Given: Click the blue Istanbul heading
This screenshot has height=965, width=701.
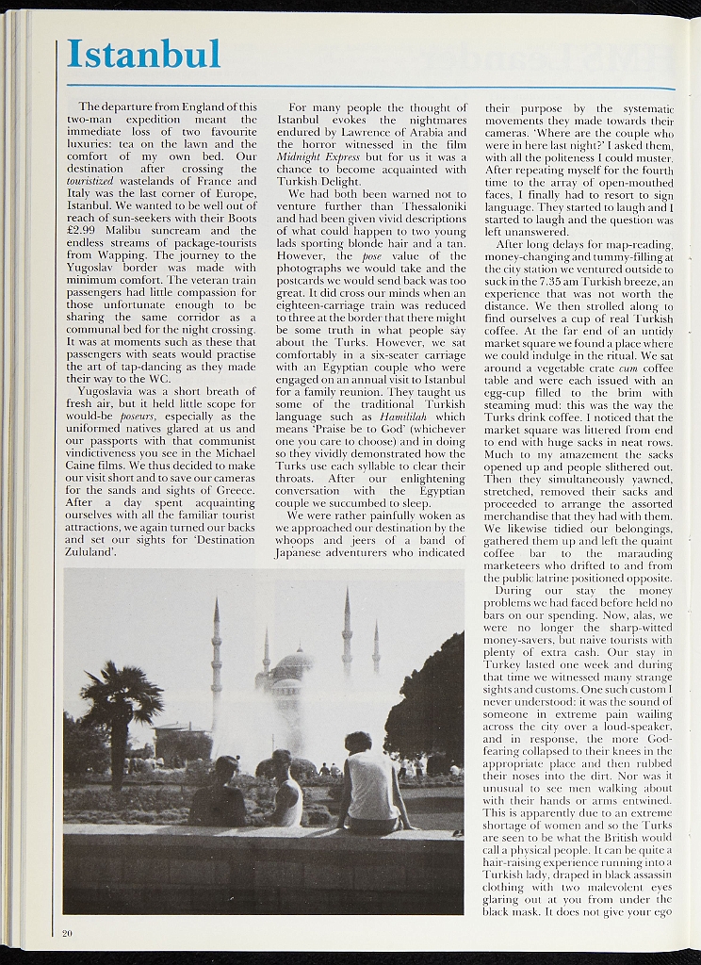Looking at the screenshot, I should (x=144, y=54).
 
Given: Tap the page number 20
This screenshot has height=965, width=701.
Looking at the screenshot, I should (x=67, y=933).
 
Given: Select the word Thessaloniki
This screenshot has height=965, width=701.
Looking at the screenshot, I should (x=424, y=205).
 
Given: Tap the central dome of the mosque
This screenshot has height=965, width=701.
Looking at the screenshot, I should (x=292, y=665).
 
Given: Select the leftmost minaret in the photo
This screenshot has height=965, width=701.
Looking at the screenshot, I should (x=216, y=660).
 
